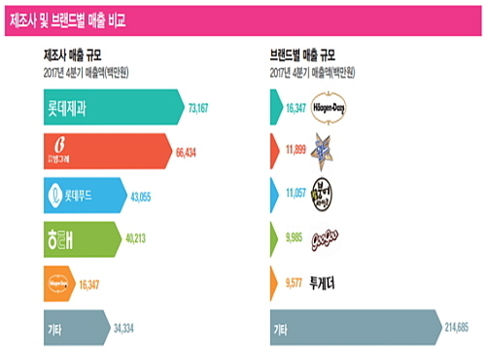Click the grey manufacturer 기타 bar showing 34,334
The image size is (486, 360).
coord(68,326)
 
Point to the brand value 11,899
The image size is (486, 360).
coord(293,151)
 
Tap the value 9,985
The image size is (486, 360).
coord(293,238)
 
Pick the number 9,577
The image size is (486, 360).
coord(293,282)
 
